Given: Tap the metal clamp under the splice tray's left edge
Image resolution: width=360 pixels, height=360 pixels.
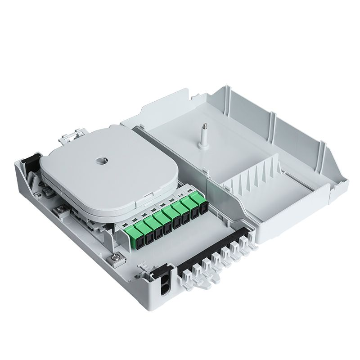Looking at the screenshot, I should pyautogui.click(x=59, y=210).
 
